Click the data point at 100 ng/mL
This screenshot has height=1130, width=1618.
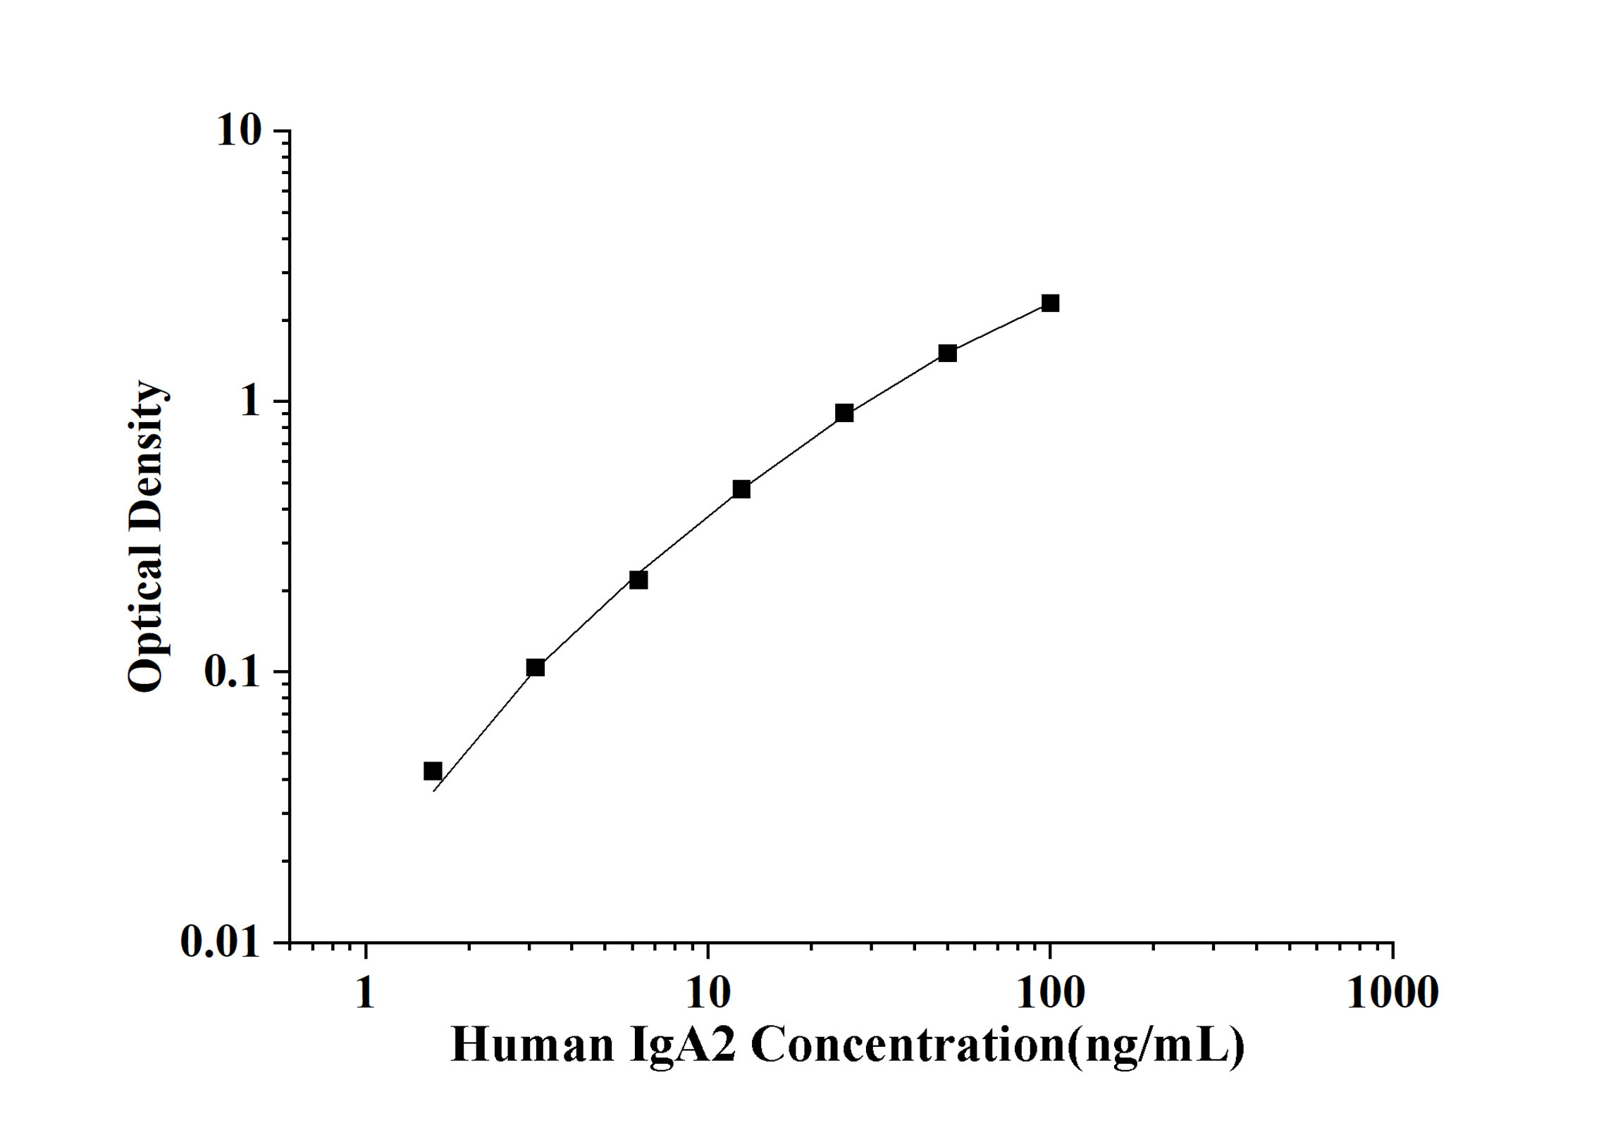(1050, 303)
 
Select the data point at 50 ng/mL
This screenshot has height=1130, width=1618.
(947, 353)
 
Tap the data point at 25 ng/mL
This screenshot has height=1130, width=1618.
(844, 413)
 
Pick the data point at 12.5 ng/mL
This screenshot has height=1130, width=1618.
(741, 489)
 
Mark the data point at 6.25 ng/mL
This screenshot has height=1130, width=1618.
(638, 580)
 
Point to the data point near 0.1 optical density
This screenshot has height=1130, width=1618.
(536, 667)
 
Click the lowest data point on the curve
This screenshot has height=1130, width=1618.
(433, 771)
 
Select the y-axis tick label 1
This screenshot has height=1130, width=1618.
(250, 401)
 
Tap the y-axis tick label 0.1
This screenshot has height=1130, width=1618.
(232, 671)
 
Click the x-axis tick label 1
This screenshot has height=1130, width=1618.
(365, 993)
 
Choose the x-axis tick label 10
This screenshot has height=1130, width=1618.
(708, 993)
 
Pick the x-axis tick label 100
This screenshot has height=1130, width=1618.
(1050, 993)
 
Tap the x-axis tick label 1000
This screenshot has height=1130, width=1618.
(1392, 993)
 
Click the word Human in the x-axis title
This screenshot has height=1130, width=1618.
(532, 1045)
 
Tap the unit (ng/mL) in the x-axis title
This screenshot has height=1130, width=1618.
(1156, 1045)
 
